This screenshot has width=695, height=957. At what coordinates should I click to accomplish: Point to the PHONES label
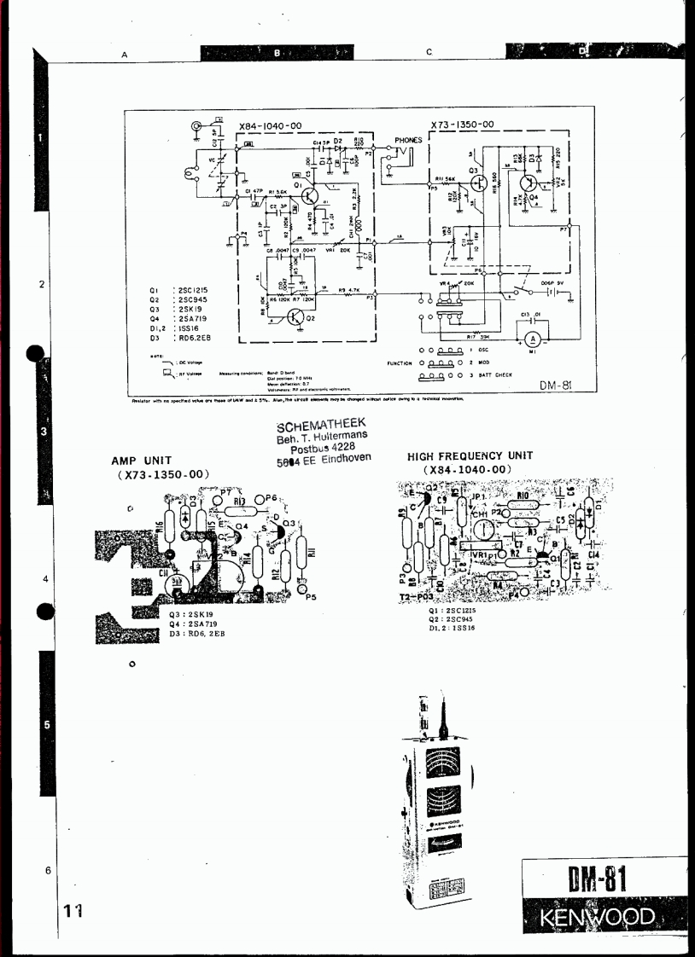click(x=407, y=140)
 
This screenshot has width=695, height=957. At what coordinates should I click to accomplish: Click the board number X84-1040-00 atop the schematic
click(x=271, y=125)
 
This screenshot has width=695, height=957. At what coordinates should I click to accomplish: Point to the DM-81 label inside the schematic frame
click(x=554, y=386)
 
